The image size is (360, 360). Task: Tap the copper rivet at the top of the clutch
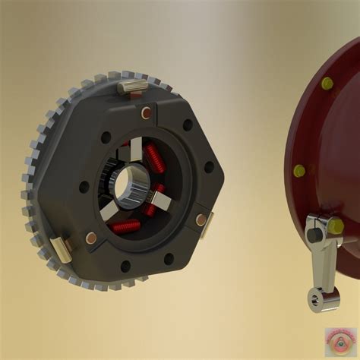point(145,112)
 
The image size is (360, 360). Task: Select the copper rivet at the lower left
point(90,238)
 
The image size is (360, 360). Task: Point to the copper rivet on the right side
point(201,220)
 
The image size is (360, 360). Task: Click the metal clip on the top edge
point(132,87)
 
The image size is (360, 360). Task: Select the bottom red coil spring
point(126,226)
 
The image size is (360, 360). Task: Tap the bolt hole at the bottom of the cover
point(125,266)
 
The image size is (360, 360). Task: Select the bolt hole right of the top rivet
point(187,124)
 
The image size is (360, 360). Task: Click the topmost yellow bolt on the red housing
point(327,83)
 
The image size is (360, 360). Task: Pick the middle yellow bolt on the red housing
point(299,171)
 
